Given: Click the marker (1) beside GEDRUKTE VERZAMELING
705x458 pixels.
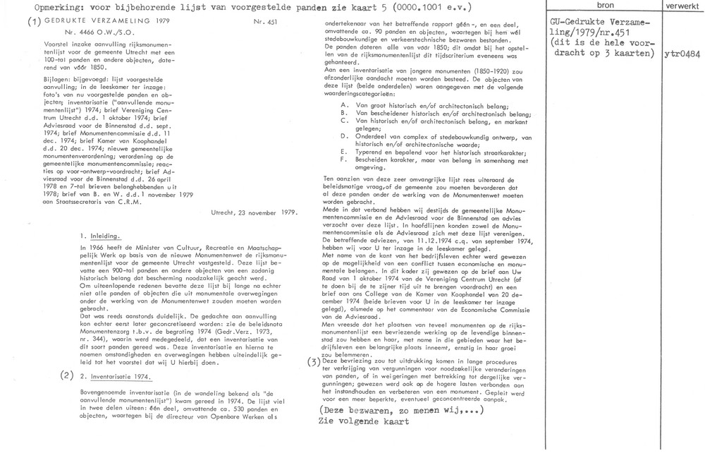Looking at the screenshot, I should pos(34,21).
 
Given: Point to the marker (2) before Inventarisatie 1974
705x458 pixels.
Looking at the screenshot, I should pos(67,374).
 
